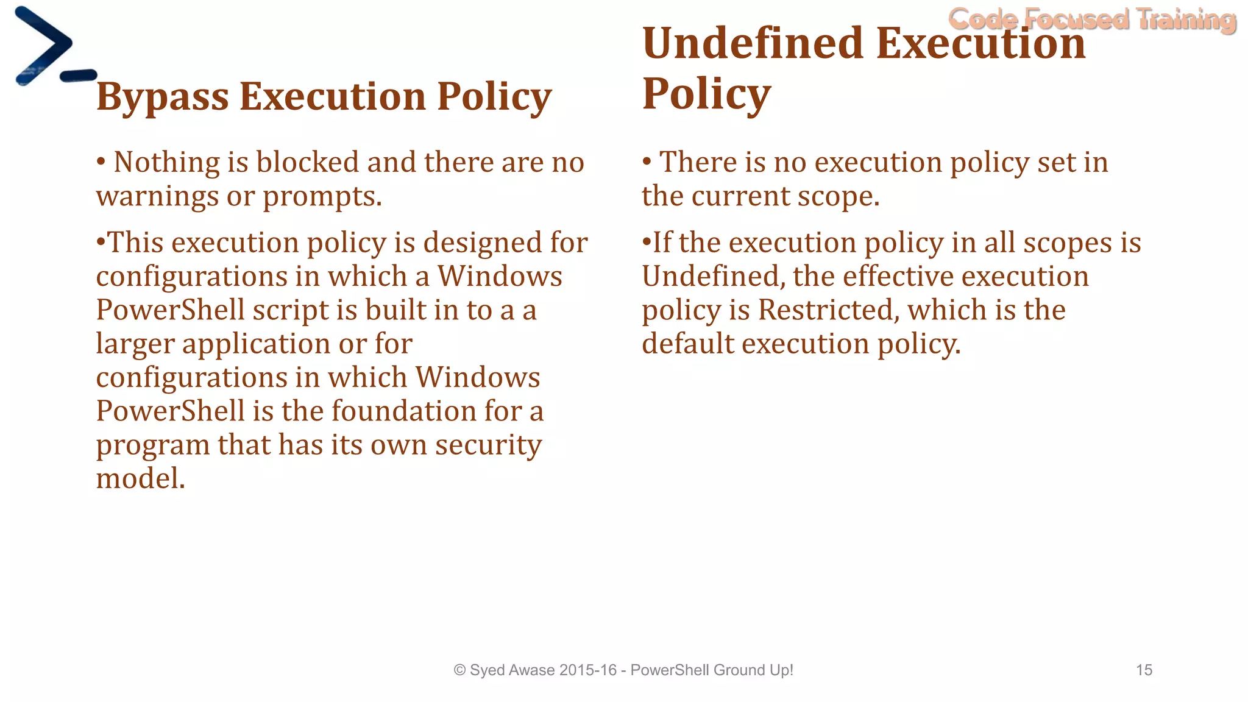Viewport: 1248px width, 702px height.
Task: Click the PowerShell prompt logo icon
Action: pos(52,48)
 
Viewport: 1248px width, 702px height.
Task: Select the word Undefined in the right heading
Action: pos(753,44)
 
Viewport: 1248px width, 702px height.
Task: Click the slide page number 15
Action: pos(1144,670)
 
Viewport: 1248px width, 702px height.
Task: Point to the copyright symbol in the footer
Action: pos(460,670)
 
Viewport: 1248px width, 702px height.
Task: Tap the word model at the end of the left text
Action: pos(140,478)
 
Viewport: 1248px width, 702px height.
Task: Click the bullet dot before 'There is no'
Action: pos(647,161)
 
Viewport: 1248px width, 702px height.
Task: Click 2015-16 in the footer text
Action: pos(587,670)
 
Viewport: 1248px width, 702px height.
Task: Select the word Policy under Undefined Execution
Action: pos(706,94)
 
